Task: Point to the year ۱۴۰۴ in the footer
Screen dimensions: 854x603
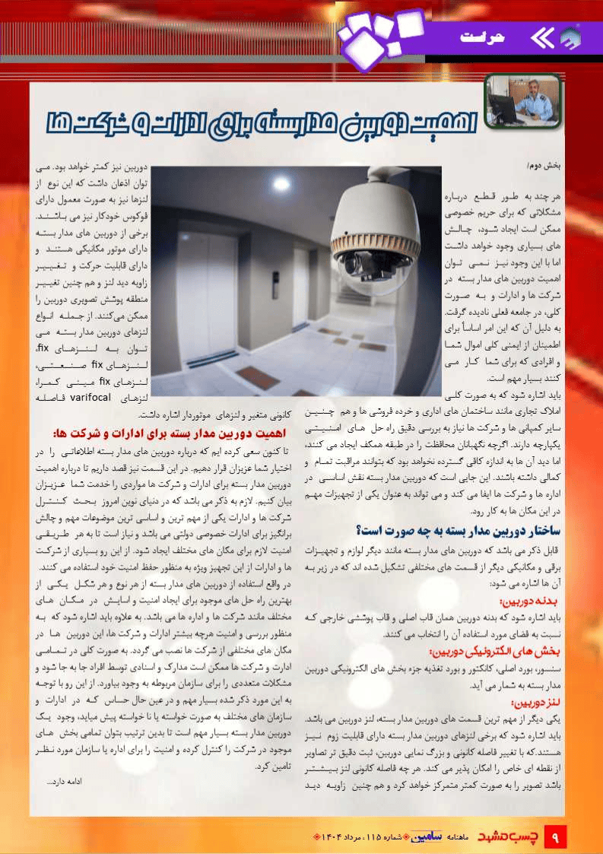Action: pyautogui.click(x=328, y=837)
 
